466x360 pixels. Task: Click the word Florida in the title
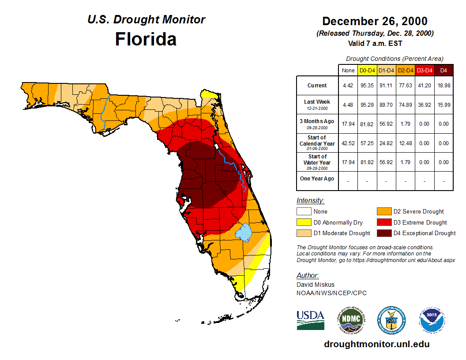click(x=146, y=39)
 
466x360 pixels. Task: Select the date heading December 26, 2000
click(x=375, y=21)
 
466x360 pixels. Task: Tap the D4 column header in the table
click(x=444, y=70)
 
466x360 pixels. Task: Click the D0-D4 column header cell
click(x=367, y=70)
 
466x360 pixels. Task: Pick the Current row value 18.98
click(x=444, y=86)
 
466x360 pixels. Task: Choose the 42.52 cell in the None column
click(x=348, y=143)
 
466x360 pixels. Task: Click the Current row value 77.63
click(x=406, y=86)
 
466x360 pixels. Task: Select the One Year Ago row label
click(x=317, y=179)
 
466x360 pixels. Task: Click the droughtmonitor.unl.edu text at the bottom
click(x=376, y=344)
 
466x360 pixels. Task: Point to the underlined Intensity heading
click(x=310, y=201)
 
